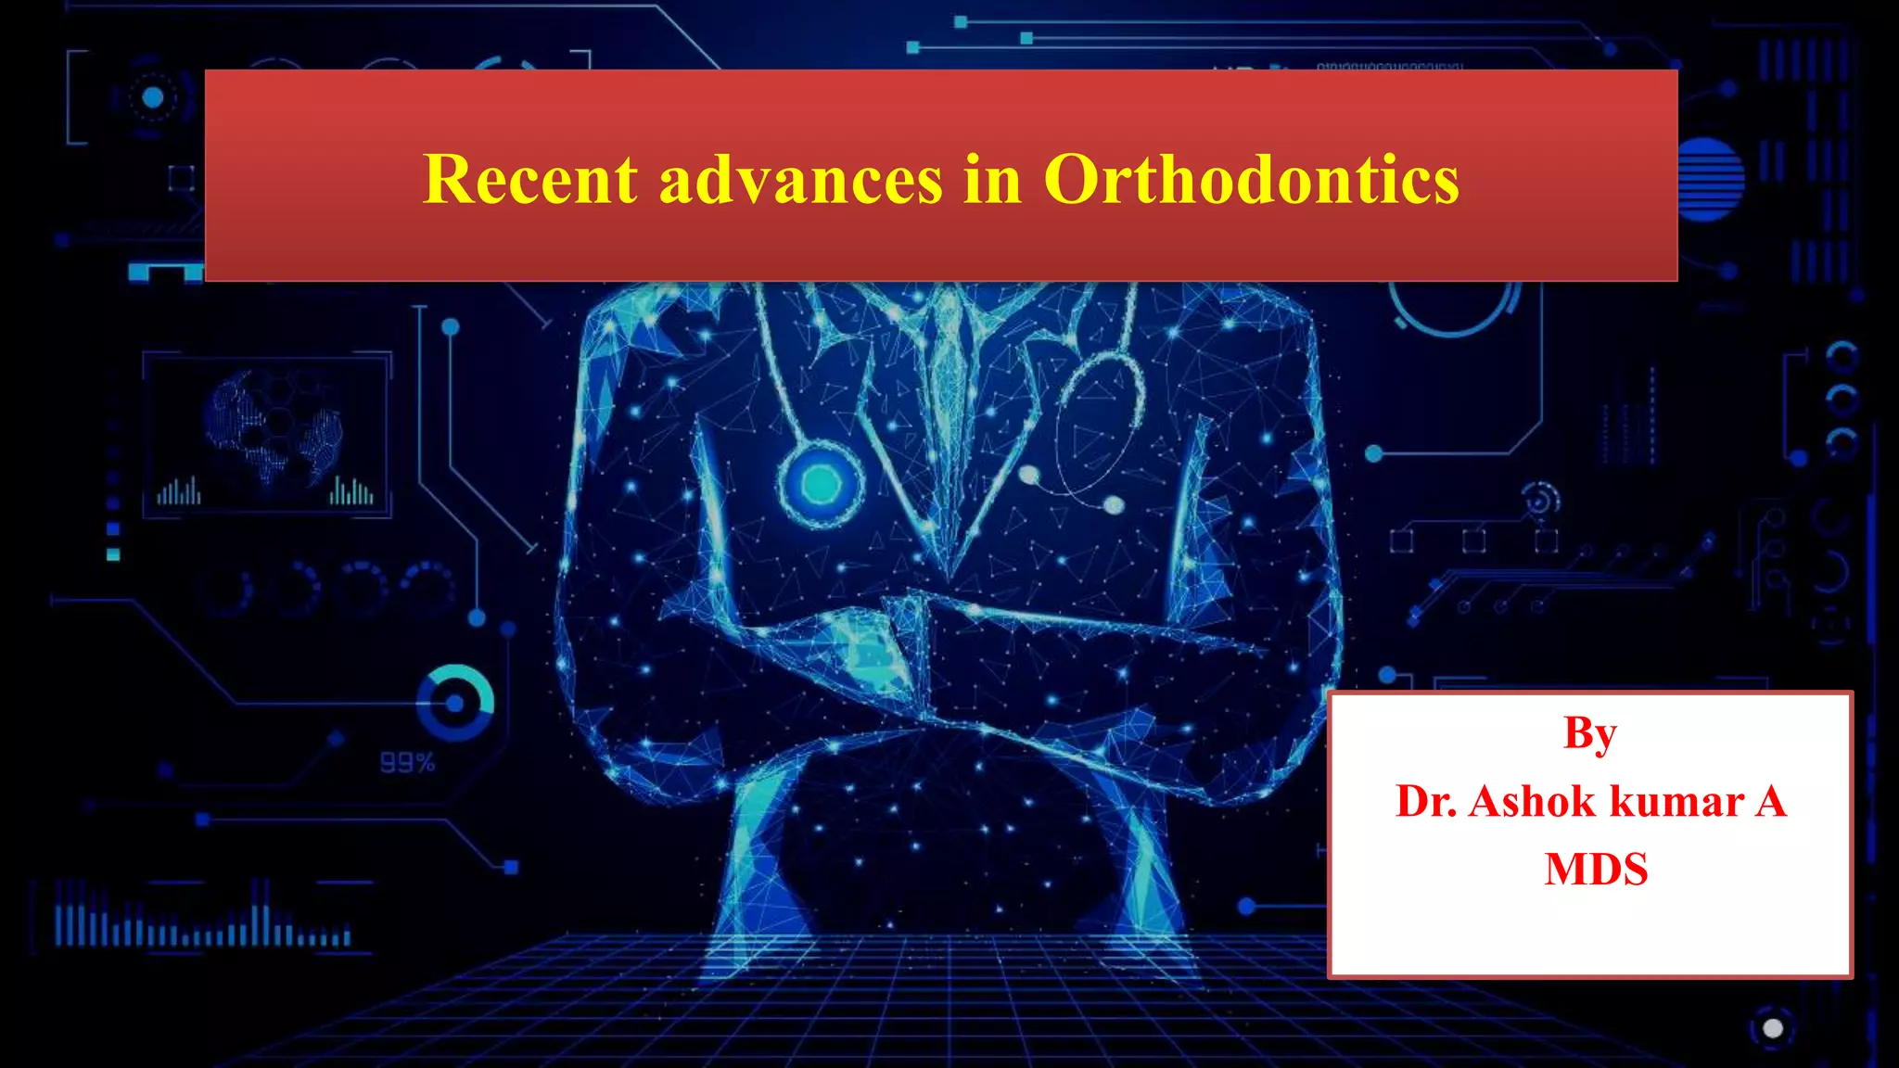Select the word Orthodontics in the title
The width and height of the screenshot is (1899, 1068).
coord(1251,179)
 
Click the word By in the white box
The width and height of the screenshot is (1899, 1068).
coord(1589,734)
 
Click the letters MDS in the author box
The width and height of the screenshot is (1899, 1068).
coord(1596,869)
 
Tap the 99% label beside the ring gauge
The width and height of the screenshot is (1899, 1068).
coord(407,763)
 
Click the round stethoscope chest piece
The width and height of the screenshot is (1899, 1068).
coord(821,483)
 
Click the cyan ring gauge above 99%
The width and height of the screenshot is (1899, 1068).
coord(454,703)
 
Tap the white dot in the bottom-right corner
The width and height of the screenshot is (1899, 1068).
coord(1773,1028)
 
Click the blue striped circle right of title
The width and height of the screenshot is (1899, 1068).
coord(1709,180)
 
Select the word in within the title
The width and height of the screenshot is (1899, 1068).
coord(991,179)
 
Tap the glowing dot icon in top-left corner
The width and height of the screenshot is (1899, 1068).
coord(153,97)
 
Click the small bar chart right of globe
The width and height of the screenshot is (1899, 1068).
coord(351,490)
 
